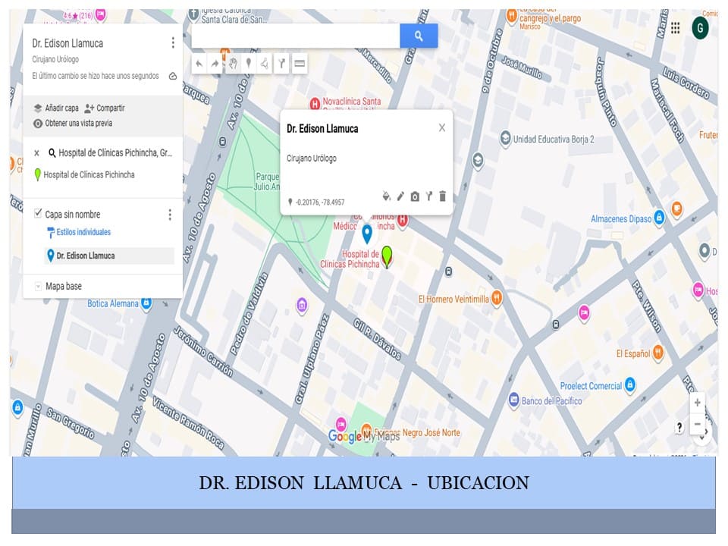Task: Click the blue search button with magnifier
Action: pos(419,36)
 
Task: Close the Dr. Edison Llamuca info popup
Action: pos(441,128)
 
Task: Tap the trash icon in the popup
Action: pos(443,196)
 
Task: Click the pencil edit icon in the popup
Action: pos(400,196)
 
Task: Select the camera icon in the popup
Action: pos(415,196)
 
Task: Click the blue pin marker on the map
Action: pos(366,233)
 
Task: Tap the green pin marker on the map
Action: pos(388,256)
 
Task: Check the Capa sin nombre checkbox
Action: pos(39,214)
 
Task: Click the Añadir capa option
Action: pos(56,108)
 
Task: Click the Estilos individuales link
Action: pos(83,232)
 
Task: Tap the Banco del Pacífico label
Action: pos(551,400)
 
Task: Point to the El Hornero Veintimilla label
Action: pos(453,299)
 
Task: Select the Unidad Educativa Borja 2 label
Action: pos(553,140)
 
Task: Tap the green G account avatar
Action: pos(700,28)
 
